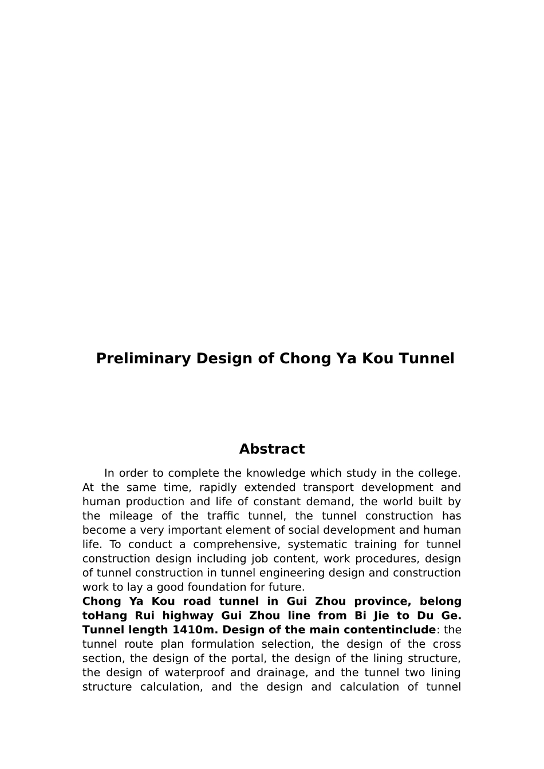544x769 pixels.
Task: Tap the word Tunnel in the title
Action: (426, 359)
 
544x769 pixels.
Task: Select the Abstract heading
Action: (272, 449)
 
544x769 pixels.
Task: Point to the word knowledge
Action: (275, 473)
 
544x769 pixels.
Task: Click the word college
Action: (437, 473)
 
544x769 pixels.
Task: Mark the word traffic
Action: (223, 516)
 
